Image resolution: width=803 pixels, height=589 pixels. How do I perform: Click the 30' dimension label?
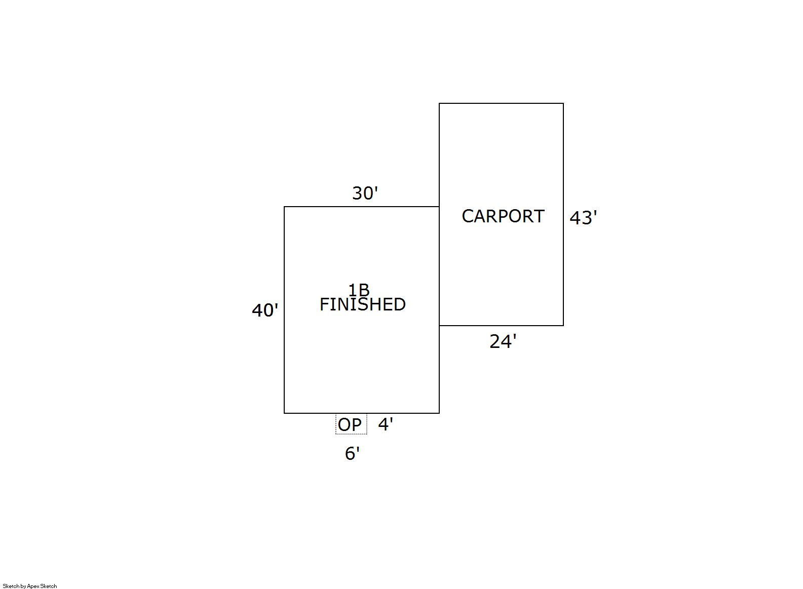[x=365, y=193]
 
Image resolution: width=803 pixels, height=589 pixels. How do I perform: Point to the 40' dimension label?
[x=265, y=310]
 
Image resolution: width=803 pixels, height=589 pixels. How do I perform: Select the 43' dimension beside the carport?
[x=583, y=218]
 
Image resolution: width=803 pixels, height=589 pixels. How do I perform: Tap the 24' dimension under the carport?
[x=503, y=342]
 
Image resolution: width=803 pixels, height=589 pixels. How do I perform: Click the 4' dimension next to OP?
[x=386, y=424]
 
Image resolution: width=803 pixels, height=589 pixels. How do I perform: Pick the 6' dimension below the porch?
[x=352, y=453]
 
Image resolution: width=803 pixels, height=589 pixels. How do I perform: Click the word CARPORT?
[x=503, y=216]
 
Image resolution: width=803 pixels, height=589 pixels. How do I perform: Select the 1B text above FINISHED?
[x=359, y=290]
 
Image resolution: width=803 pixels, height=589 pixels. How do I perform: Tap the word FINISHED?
[x=362, y=304]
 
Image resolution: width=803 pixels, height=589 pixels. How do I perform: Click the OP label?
[x=350, y=424]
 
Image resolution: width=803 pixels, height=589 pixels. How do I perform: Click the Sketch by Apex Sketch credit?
[x=30, y=586]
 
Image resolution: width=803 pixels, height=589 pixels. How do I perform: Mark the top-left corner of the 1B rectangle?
[x=284, y=207]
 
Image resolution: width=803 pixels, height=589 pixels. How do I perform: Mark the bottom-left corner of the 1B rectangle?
[x=284, y=413]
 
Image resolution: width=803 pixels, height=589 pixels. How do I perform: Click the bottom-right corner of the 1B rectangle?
[x=439, y=413]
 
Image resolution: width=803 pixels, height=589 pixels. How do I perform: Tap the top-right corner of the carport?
[x=563, y=103]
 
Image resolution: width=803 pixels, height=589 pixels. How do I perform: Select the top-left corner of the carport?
[x=439, y=103]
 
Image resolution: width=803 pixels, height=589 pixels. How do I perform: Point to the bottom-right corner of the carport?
[x=563, y=326]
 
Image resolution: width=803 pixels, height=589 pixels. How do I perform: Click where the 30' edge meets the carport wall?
[x=439, y=207]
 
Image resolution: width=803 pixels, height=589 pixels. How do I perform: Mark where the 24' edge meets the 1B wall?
[x=439, y=326]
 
